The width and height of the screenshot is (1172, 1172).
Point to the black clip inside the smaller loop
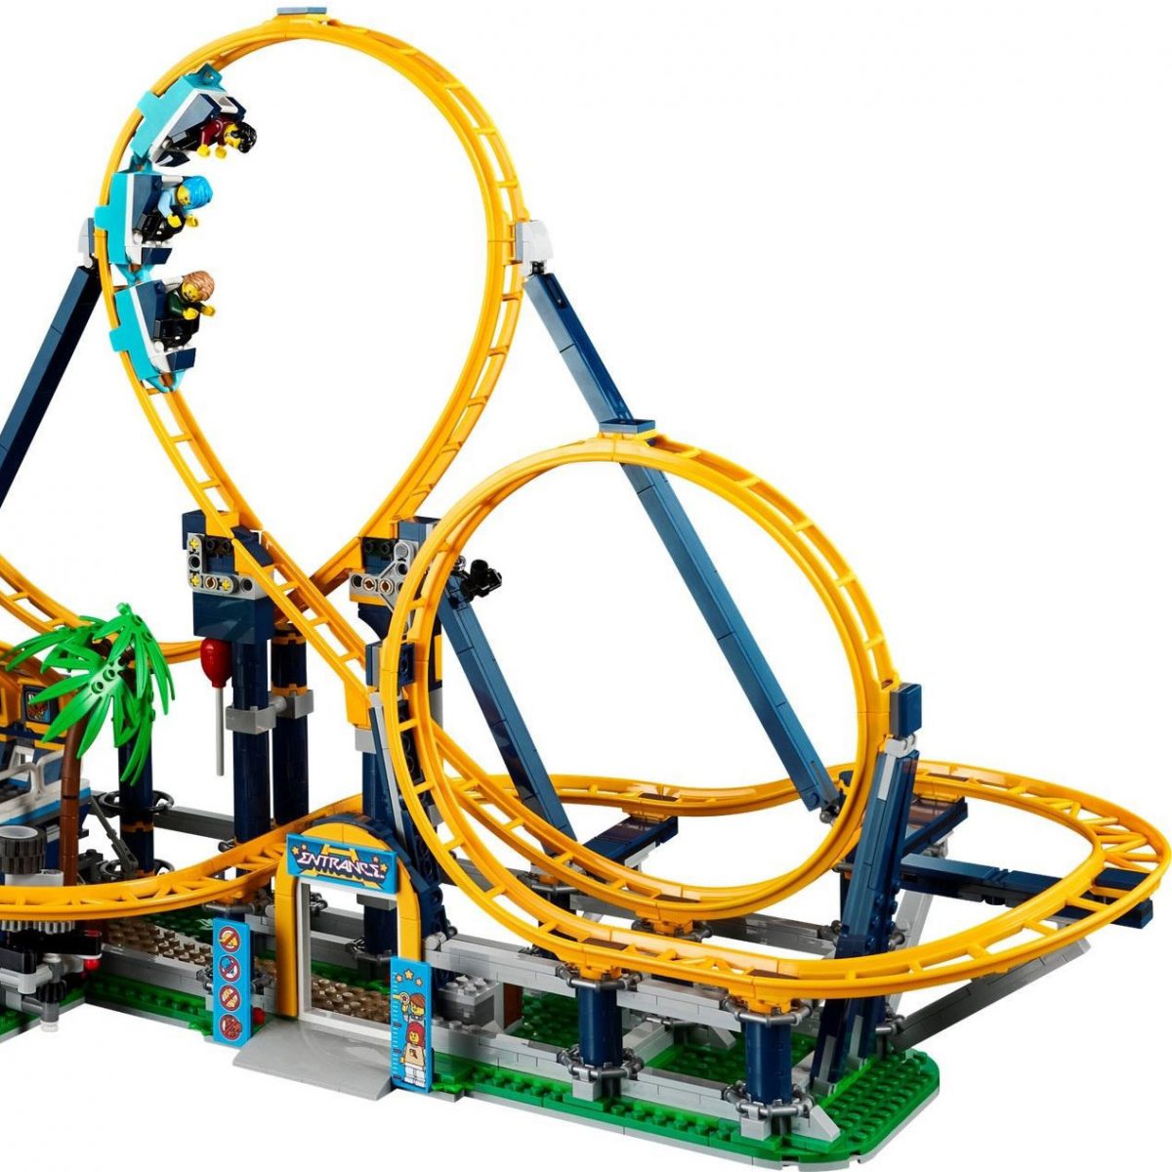[479, 576]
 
